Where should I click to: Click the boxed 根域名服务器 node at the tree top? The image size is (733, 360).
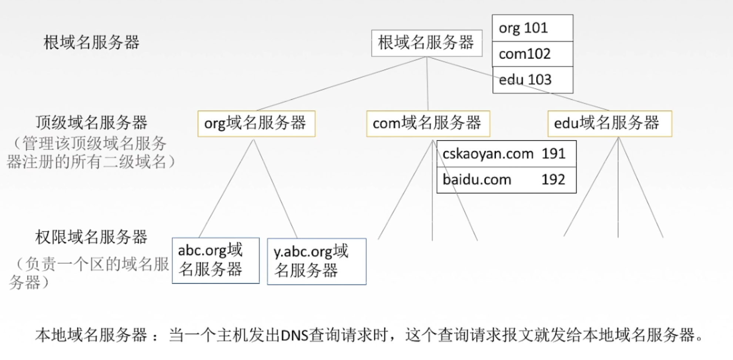pos(426,43)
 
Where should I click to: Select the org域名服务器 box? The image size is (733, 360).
pos(256,124)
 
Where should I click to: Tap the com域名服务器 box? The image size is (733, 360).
pos(428,124)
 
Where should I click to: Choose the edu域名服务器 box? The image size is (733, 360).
pos(609,124)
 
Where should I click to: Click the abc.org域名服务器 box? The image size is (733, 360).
pos(215,260)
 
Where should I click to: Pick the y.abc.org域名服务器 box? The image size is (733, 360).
pos(317,261)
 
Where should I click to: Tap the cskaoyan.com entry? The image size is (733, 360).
pos(488,154)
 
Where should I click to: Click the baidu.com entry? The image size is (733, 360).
pos(477,180)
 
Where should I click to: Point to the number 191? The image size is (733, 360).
pos(553,154)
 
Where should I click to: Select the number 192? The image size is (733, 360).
pos(553,180)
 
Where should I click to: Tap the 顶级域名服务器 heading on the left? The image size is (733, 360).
pos(91,123)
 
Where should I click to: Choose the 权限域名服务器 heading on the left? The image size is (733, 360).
pos(91,237)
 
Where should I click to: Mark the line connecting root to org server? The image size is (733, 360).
pos(341,84)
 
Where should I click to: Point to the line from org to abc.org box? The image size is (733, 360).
pos(227,188)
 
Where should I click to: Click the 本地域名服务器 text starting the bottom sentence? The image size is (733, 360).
pos(91,336)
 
